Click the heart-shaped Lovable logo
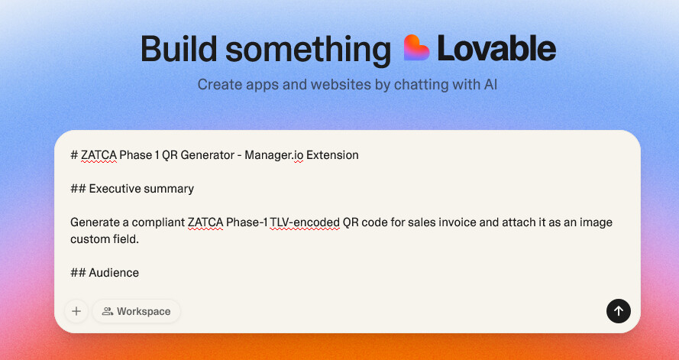pos(416,47)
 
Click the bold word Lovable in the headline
pos(496,48)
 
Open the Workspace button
pos(137,312)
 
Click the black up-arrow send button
pos(619,310)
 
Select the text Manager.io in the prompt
pos(273,155)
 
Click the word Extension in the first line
pos(332,155)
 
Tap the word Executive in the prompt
pos(115,189)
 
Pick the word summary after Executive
pos(169,190)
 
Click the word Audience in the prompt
pos(114,273)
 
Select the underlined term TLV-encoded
pos(305,222)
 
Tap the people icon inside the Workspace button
pos(108,312)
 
